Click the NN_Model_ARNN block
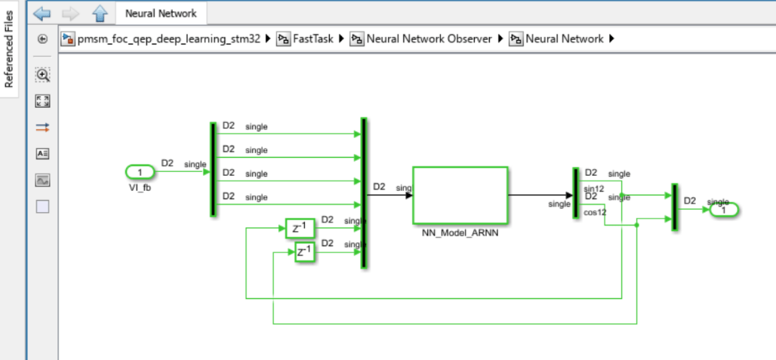click(460, 195)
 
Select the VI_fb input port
click(140, 173)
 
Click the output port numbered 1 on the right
click(723, 210)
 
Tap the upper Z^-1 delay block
click(299, 228)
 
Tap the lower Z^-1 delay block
click(304, 253)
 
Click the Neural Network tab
click(161, 13)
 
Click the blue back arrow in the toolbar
click(42, 13)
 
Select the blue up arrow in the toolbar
click(100, 13)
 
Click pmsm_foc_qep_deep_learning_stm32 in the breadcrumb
click(174, 38)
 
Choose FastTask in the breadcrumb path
click(312, 38)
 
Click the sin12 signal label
click(595, 189)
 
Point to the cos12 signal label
click(596, 213)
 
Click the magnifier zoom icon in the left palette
click(42, 75)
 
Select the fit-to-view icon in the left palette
click(42, 101)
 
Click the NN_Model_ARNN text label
click(460, 233)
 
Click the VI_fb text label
click(140, 187)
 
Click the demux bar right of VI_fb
click(213, 169)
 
